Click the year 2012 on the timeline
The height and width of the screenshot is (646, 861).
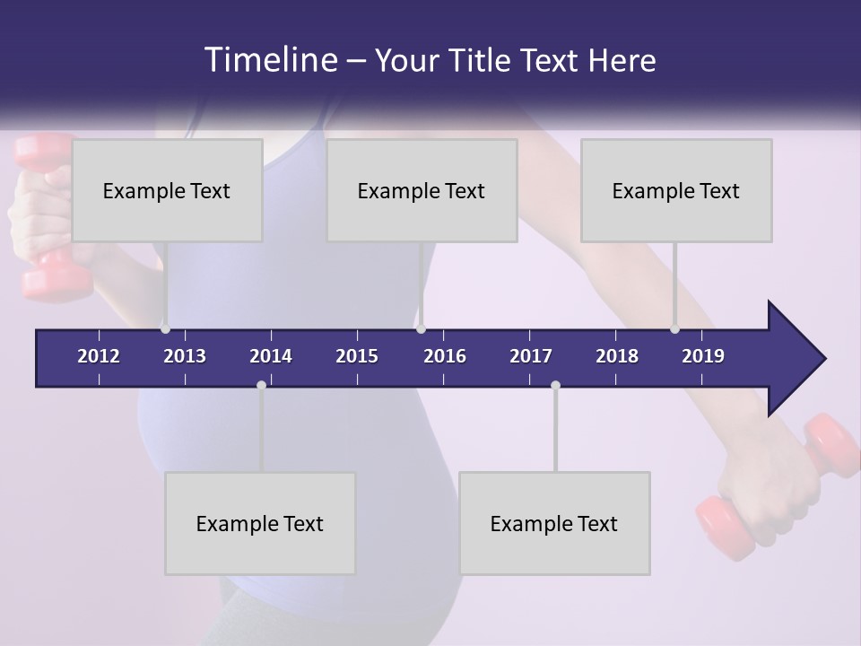(x=99, y=356)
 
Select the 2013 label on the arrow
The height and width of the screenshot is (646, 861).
(x=185, y=356)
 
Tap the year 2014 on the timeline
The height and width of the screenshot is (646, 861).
(x=271, y=356)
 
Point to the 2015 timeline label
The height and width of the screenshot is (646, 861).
(x=357, y=356)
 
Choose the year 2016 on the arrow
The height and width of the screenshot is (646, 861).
(x=445, y=356)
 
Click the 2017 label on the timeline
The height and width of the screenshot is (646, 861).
(x=531, y=356)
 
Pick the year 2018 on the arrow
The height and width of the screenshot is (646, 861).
(x=617, y=356)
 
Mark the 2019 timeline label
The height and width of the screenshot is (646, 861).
(x=703, y=356)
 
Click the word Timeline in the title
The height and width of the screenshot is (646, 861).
(x=271, y=59)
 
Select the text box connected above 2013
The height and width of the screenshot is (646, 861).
(x=167, y=190)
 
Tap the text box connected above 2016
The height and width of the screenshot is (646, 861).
(x=422, y=190)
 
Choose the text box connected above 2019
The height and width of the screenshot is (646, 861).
(x=676, y=190)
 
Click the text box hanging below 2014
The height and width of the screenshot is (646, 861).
(x=260, y=523)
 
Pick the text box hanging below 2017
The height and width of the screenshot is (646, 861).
(x=554, y=523)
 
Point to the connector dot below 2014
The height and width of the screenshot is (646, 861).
(x=261, y=385)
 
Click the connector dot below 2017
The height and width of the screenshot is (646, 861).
(x=555, y=385)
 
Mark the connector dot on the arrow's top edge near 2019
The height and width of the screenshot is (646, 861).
(x=674, y=328)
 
